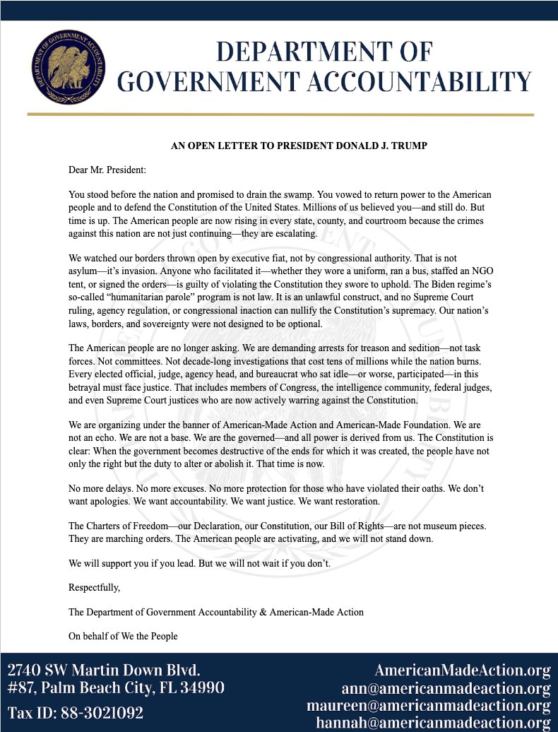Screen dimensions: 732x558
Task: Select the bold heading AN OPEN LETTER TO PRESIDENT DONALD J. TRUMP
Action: tap(299, 146)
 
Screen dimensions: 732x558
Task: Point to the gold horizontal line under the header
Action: tap(280, 114)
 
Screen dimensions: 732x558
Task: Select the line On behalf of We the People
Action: tap(123, 636)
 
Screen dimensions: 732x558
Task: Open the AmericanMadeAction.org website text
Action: tap(462, 670)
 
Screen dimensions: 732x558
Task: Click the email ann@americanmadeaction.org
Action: tap(446, 688)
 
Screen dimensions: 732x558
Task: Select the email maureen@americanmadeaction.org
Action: tap(429, 706)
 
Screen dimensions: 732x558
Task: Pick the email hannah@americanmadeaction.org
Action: tap(433, 723)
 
